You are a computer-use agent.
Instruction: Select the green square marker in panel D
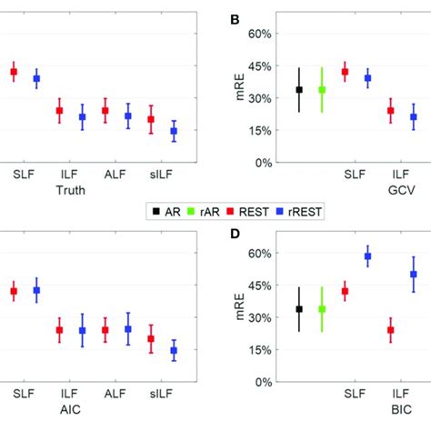pyautogui.click(x=322, y=309)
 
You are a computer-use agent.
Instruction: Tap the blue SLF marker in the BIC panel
pyautogui.click(x=367, y=256)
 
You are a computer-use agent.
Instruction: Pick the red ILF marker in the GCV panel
pyautogui.click(x=391, y=111)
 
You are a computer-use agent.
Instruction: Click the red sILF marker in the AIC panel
pyautogui.click(x=151, y=339)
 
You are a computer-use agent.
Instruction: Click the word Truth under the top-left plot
pyautogui.click(x=72, y=191)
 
